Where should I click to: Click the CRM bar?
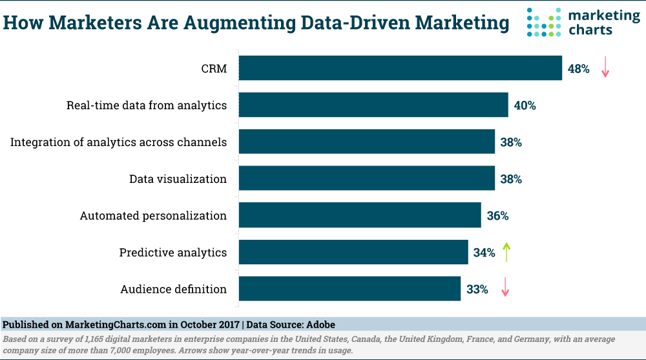pos(400,68)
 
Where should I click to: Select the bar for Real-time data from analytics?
pos(373,105)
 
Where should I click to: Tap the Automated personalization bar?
pos(360,215)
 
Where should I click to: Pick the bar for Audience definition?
pos(349,289)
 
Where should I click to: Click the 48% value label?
pos(579,69)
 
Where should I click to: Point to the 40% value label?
pos(525,105)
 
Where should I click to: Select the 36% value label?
pos(497,216)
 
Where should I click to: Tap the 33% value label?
pos(477,290)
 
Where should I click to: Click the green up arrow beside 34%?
pos(506,251)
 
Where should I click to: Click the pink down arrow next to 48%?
pos(605,67)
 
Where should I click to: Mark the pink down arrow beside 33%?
pos(505,288)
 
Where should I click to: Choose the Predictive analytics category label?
pos(173,253)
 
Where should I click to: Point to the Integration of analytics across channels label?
pos(118,142)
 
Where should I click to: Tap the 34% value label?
pos(484,253)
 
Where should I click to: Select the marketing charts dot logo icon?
pos(545,23)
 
